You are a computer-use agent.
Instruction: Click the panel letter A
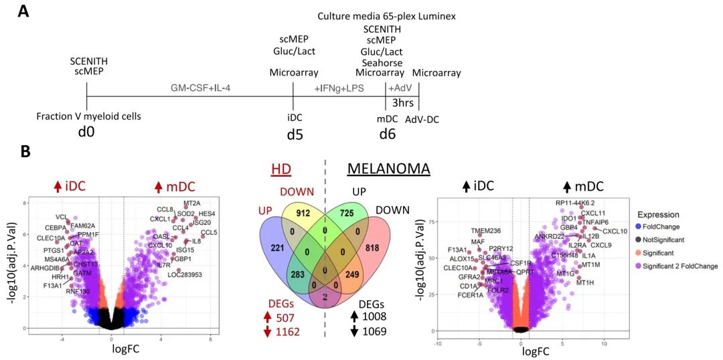click(x=25, y=11)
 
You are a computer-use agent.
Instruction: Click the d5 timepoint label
click(x=295, y=133)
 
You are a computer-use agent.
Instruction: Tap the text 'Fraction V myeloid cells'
click(x=89, y=116)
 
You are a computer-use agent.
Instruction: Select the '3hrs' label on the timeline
click(x=402, y=105)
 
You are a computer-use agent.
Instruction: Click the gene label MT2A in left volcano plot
click(x=192, y=203)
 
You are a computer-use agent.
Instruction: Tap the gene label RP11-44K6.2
click(x=574, y=202)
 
